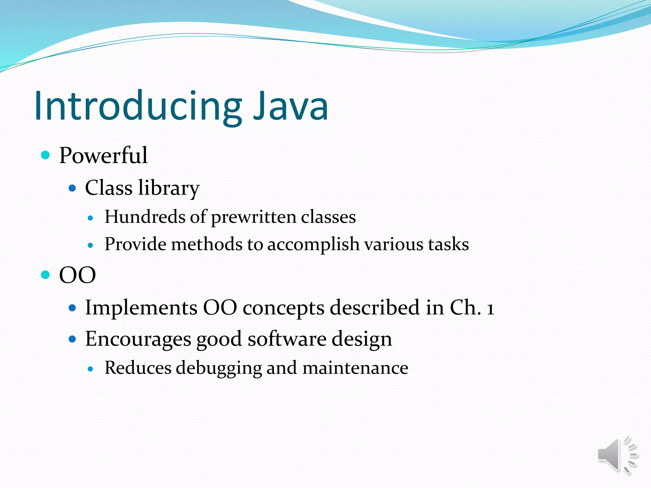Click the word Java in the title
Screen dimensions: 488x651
[291, 106]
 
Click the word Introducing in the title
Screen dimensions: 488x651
[138, 106]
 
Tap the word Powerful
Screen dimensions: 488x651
[103, 156]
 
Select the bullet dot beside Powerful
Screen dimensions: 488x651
[46, 155]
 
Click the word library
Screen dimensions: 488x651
[169, 188]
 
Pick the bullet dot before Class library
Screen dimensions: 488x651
[72, 188]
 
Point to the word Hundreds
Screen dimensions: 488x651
[145, 217]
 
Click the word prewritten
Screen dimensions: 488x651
[254, 218]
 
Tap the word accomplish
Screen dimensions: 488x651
[313, 245]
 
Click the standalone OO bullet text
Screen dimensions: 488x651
[77, 275]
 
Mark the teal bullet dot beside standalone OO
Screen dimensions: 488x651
[46, 274]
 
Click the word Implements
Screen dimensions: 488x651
[141, 308]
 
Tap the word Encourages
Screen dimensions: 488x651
[138, 339]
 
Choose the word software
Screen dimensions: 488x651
[287, 339]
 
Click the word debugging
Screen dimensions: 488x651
[219, 369]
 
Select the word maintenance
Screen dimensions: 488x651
[355, 368]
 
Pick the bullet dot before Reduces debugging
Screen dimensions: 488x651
[91, 369]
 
